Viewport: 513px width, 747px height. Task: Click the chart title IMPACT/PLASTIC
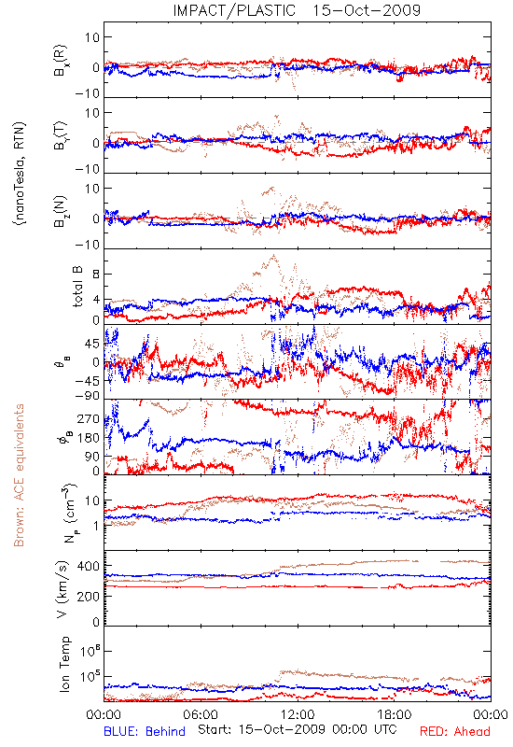(x=234, y=10)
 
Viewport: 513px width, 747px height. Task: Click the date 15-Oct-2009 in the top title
(x=367, y=10)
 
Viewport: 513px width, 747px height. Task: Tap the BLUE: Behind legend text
(x=145, y=731)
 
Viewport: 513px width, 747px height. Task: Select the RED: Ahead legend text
(x=455, y=731)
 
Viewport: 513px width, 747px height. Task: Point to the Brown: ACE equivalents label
(x=19, y=475)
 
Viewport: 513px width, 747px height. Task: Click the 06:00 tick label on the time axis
(x=201, y=714)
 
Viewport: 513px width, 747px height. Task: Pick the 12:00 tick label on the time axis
(x=298, y=714)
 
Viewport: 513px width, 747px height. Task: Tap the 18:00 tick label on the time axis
(x=395, y=714)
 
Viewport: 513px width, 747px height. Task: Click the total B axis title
(x=77, y=287)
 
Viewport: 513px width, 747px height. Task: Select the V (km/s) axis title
(x=62, y=589)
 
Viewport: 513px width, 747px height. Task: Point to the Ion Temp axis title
(x=64, y=664)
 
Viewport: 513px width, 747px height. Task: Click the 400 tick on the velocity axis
(x=89, y=566)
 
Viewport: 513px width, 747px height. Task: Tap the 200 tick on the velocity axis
(x=89, y=596)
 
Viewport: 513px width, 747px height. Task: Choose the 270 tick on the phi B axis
(x=89, y=418)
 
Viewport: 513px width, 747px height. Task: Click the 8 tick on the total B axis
(x=96, y=275)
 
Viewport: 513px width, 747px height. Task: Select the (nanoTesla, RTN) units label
(x=20, y=173)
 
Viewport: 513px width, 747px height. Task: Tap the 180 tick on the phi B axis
(x=89, y=438)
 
